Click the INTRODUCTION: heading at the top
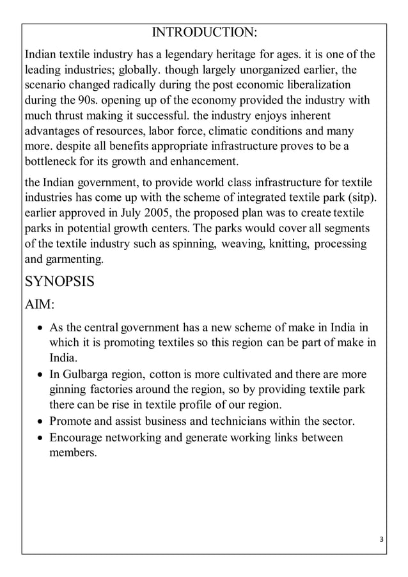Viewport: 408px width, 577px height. coord(204,33)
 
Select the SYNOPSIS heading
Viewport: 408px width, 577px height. coord(59,281)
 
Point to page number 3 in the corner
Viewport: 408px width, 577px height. coord(381,539)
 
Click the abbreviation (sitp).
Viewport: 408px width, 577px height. coord(359,196)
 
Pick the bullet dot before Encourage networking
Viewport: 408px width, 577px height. coord(41,438)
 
